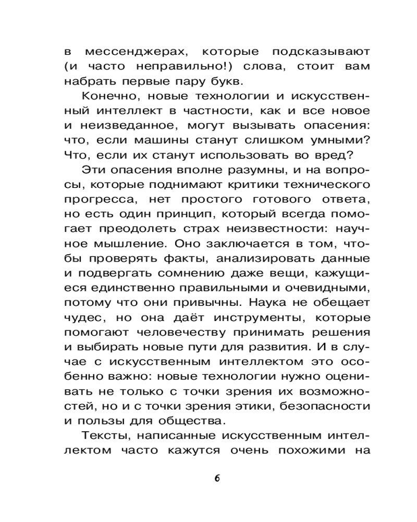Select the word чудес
(x=81, y=316)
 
